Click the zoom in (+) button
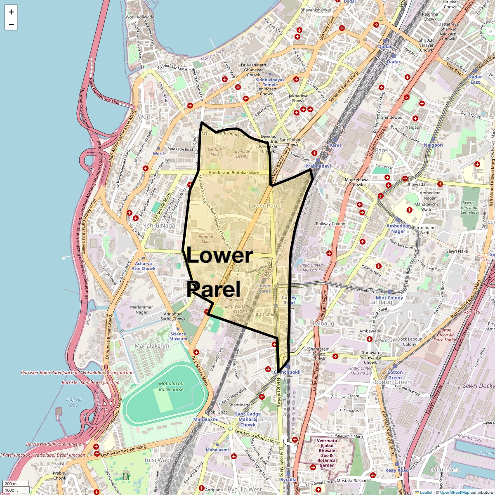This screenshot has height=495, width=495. [x=11, y=12]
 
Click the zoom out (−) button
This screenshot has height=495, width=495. [x=11, y=24]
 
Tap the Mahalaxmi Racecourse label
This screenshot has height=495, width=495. [x=171, y=387]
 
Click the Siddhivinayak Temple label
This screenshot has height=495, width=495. [x=270, y=82]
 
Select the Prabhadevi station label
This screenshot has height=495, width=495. [x=318, y=166]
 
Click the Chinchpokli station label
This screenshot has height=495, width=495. [x=287, y=372]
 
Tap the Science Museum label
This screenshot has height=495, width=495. [x=178, y=337]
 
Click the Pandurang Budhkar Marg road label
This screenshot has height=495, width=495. [x=234, y=173]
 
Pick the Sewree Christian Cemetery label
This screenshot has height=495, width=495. [x=469, y=207]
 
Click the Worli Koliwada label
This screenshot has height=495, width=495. [x=140, y=17]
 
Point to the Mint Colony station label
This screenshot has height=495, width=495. [x=389, y=298]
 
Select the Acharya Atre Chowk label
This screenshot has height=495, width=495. [x=143, y=266]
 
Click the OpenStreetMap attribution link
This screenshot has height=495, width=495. [x=454, y=492]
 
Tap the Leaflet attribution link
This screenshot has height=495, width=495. [x=426, y=492]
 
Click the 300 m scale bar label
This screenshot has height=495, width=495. [x=11, y=483]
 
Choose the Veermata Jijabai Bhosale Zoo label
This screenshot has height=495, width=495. [x=327, y=453]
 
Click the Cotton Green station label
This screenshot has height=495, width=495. [x=395, y=375]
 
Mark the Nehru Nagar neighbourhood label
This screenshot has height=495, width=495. [x=160, y=226]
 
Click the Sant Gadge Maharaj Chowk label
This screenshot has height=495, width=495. [x=248, y=419]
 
